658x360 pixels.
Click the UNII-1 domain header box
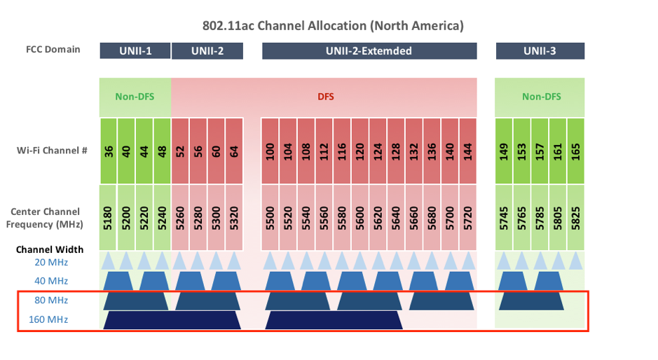click(x=135, y=50)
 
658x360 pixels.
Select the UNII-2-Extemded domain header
click(x=369, y=50)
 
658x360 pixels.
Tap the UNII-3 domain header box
click(x=540, y=50)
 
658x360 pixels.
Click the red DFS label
click(x=326, y=97)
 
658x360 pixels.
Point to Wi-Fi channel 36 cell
click(x=109, y=151)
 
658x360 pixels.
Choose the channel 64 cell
click(x=234, y=151)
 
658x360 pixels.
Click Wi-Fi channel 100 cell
click(x=270, y=151)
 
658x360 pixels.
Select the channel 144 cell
click(x=468, y=151)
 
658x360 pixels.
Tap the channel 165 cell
click(x=576, y=151)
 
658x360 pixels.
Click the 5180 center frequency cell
click(x=109, y=218)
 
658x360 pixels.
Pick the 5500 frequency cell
click(x=270, y=218)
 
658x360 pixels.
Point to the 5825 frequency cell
click(x=576, y=218)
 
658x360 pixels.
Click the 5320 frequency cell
click(x=234, y=218)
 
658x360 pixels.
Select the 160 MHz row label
click(x=48, y=319)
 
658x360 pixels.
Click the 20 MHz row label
click(x=51, y=263)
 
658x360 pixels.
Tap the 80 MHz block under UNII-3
click(x=531, y=301)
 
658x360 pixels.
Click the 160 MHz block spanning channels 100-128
click(x=334, y=320)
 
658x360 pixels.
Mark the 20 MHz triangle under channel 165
click(x=576, y=261)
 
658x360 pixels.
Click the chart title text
click(x=333, y=26)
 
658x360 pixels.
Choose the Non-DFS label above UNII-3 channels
click(x=542, y=97)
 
